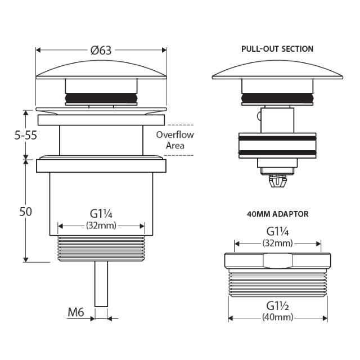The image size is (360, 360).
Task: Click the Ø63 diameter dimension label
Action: pos(101,50)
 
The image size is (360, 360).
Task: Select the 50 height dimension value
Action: pos(25,211)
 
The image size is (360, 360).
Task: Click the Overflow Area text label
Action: pos(175,140)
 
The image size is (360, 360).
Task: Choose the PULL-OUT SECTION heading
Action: pos(277,49)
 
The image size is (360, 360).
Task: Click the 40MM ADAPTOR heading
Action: pos(278,214)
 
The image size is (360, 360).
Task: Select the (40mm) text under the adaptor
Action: pos(278,317)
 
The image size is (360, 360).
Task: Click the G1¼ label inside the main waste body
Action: pos(101,214)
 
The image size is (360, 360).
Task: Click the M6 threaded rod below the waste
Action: pos(101,284)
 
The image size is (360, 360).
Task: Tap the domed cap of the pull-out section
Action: pos(278,71)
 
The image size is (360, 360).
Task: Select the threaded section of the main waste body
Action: pos(101,249)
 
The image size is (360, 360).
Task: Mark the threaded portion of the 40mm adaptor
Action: pos(278,283)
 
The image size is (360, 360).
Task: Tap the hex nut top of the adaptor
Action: pos(278,260)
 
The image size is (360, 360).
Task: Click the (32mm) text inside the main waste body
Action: pos(101,226)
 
